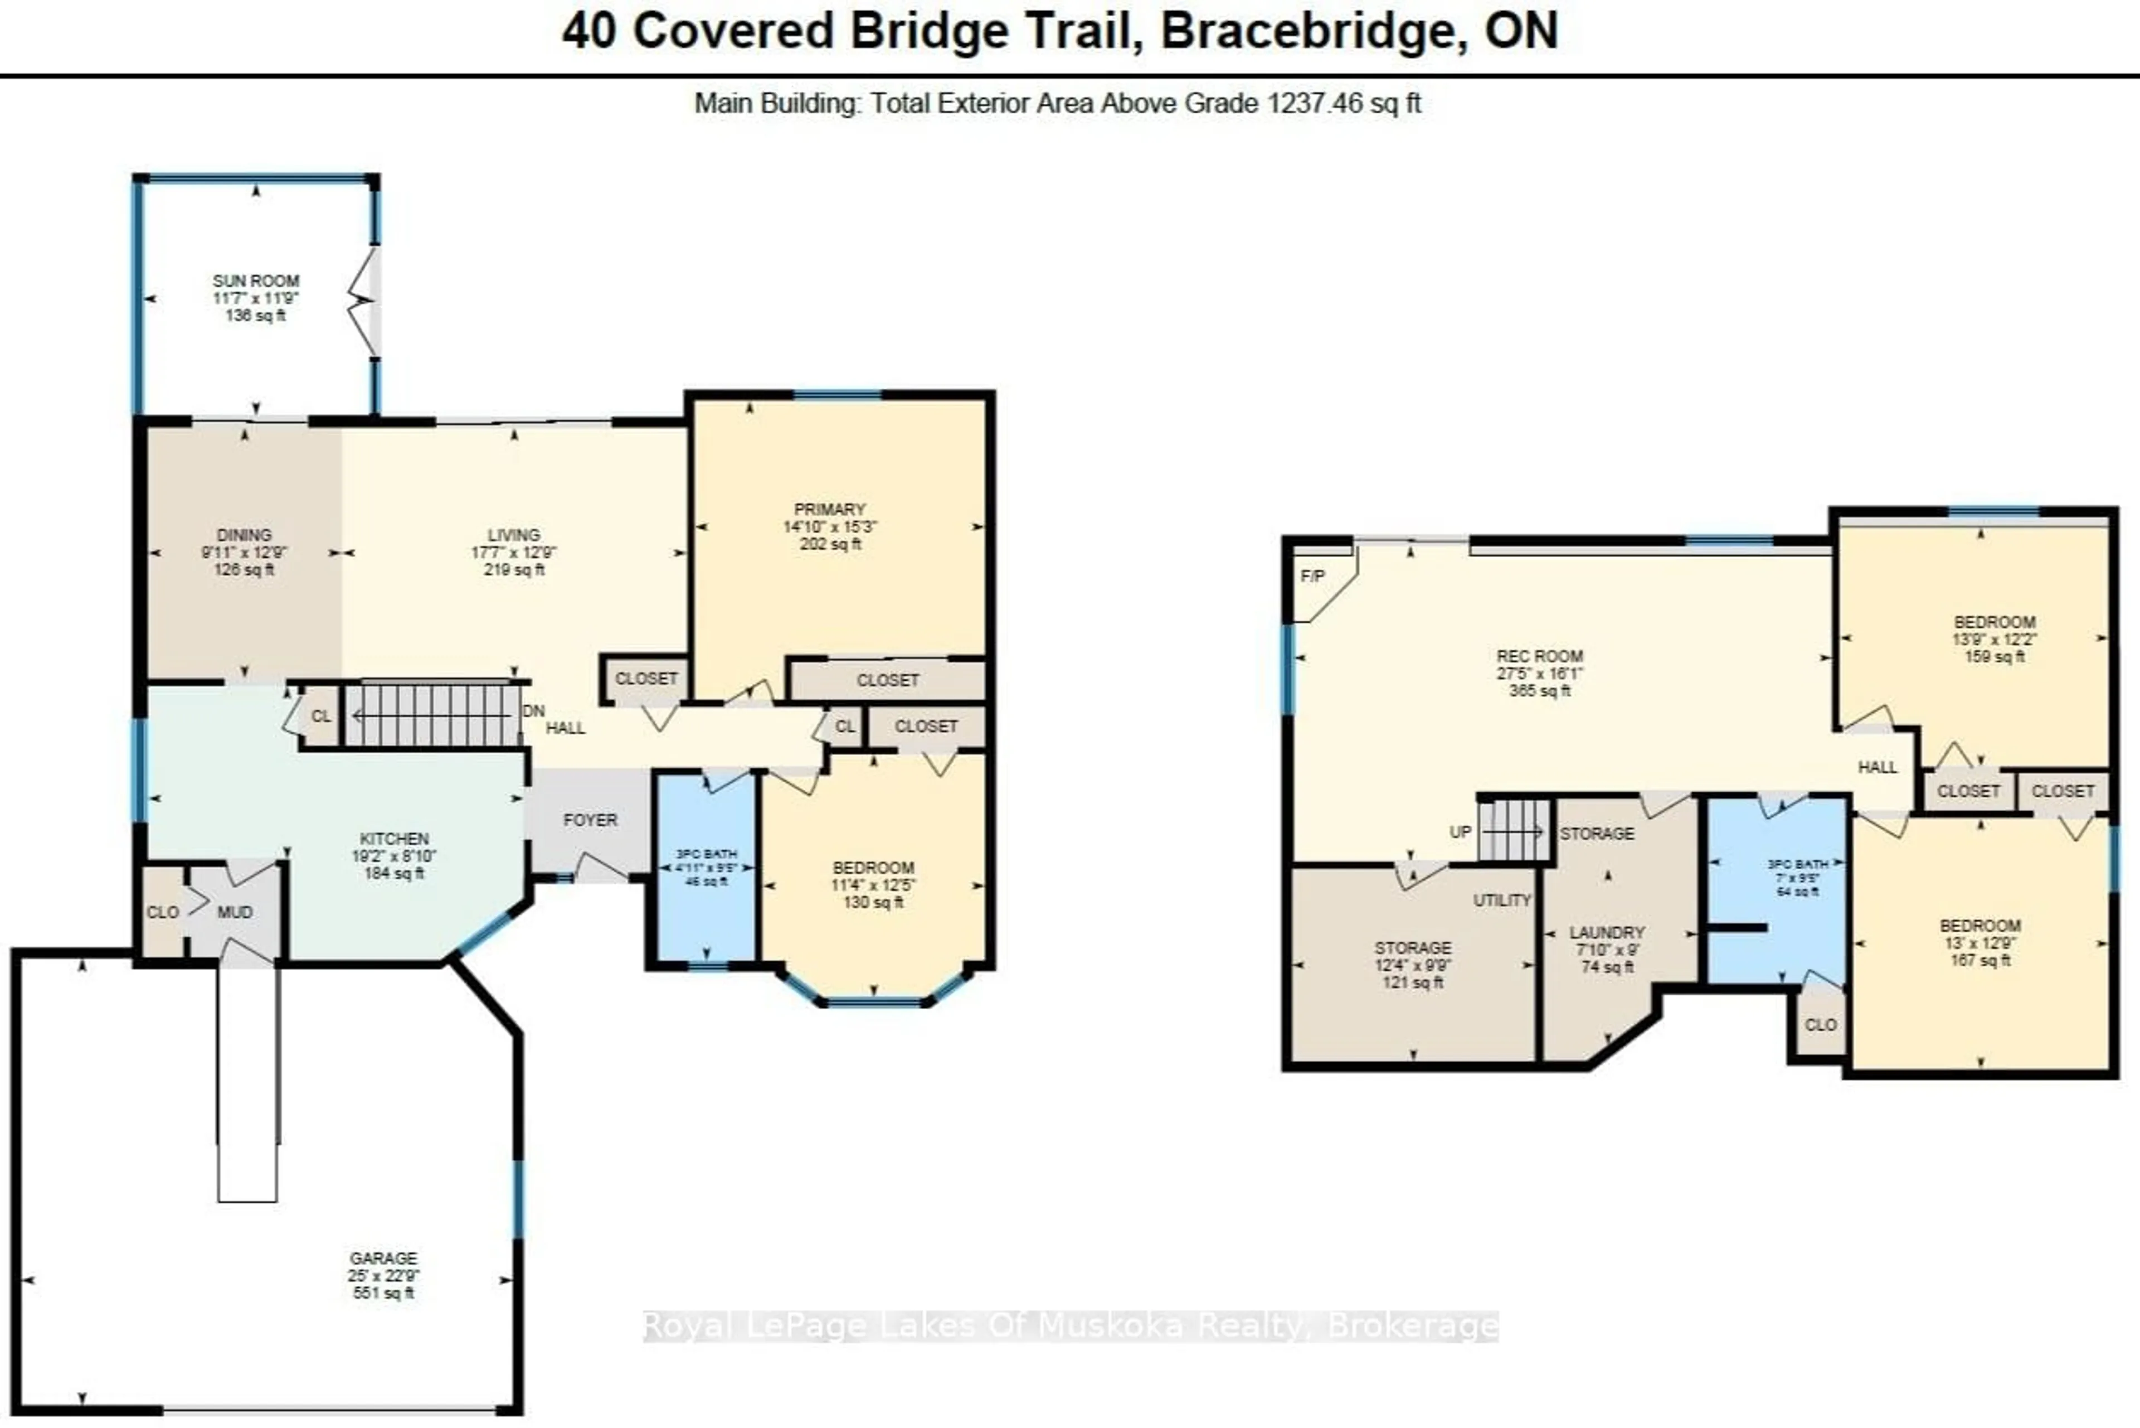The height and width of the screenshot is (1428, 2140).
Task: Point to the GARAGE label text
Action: (x=383, y=1258)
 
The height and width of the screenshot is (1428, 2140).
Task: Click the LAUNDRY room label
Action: (x=1607, y=932)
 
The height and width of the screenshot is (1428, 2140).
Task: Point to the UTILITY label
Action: (x=1502, y=900)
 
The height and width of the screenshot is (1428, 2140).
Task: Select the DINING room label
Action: (x=244, y=535)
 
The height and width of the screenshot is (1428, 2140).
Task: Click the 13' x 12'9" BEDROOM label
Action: (x=1980, y=926)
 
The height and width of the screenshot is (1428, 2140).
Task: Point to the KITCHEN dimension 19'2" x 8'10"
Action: (x=394, y=856)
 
